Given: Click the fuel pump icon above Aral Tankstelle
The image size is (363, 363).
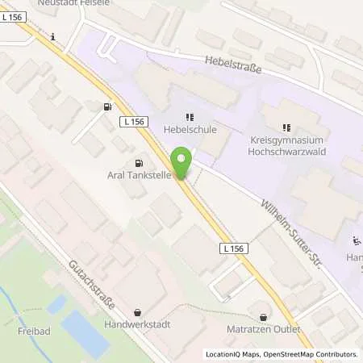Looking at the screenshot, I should coord(106,106).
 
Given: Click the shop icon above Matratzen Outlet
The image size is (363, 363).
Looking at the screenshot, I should coord(261,316).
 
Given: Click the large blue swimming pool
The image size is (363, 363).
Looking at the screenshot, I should coord(84,334).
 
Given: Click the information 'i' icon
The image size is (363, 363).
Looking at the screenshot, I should coord(52,36).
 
